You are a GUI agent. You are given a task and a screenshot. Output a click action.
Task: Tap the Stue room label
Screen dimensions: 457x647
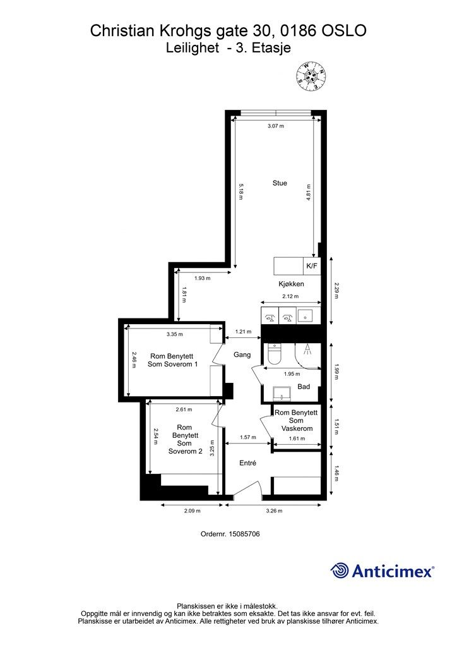[280, 183]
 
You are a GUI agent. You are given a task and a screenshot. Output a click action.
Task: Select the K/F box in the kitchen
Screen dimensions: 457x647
[312, 266]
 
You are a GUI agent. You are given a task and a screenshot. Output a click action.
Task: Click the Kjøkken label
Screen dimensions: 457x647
[291, 284]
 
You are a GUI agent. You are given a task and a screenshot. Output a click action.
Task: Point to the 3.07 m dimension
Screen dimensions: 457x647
[276, 126]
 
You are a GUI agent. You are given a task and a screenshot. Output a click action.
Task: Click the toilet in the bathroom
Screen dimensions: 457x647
[273, 354]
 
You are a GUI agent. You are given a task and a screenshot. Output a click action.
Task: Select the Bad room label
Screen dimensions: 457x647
[304, 387]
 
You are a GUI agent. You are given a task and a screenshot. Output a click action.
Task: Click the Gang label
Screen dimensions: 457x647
[242, 354]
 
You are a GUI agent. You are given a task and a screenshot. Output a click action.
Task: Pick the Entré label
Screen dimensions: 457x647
[247, 463]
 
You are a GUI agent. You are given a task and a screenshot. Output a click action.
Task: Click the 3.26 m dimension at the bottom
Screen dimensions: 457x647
[274, 511]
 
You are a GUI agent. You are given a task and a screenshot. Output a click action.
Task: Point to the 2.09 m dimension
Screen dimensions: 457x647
[192, 511]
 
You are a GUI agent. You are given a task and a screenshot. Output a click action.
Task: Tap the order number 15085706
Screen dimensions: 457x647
[245, 533]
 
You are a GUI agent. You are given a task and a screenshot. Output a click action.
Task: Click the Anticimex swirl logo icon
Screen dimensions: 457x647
[340, 571]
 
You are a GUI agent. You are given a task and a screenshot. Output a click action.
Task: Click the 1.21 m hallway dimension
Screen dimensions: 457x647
[243, 331]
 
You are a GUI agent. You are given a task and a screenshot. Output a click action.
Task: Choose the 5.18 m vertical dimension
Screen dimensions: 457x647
[240, 191]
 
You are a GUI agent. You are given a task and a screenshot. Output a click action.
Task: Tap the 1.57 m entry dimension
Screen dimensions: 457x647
[247, 437]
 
